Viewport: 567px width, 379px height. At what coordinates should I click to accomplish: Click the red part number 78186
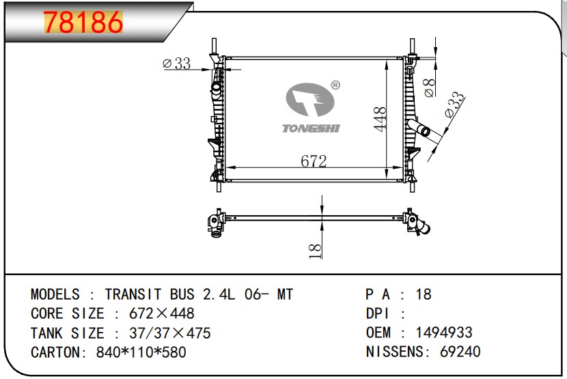[83, 22]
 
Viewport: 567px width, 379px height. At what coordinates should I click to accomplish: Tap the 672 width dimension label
[314, 161]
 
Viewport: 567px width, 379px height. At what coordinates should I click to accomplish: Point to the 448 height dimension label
[380, 119]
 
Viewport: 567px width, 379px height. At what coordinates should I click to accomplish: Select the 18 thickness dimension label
[316, 251]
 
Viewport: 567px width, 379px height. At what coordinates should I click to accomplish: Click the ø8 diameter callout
[429, 88]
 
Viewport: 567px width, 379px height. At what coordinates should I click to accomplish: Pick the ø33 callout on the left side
[177, 64]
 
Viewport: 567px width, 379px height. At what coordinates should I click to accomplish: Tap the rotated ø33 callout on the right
[454, 104]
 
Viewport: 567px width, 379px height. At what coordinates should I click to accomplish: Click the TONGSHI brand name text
[311, 128]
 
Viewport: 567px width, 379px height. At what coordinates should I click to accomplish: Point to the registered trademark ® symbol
[335, 85]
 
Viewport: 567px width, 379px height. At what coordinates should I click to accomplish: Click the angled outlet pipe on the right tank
[419, 128]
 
